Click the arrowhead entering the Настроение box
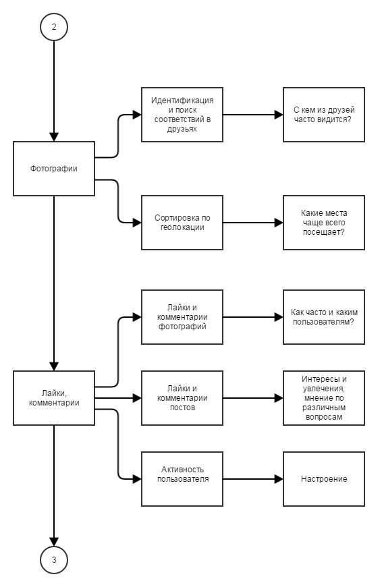[279, 479]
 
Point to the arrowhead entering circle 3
[54, 541]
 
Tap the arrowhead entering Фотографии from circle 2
[54, 137]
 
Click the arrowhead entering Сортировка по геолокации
[137, 223]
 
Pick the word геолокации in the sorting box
[182, 227]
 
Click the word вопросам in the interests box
[324, 417]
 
